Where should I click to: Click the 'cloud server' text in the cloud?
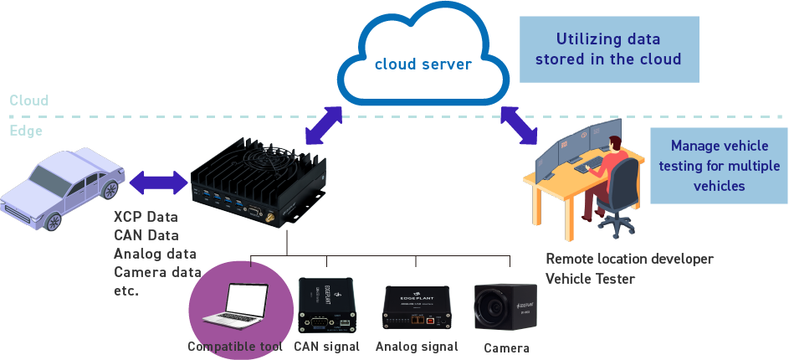point(423,64)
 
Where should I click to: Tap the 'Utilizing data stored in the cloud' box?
point(609,49)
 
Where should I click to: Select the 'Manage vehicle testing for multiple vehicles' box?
point(719,166)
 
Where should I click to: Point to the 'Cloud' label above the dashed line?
point(29,100)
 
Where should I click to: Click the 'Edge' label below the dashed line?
point(26,131)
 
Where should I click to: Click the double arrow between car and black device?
point(157,179)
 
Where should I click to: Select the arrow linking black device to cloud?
point(324,125)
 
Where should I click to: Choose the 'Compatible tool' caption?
point(235,347)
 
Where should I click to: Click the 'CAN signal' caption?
point(326,347)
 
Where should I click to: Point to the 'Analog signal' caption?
point(417,347)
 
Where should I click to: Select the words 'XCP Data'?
point(146,217)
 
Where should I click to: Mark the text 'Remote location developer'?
point(629,259)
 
